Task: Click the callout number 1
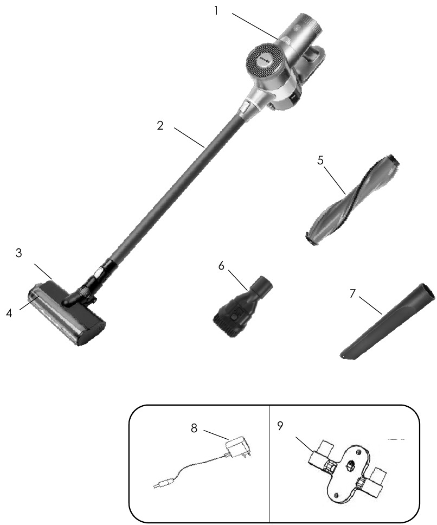[x=216, y=11]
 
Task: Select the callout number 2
[x=160, y=126]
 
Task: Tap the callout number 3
[x=19, y=253]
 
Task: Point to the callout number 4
[x=9, y=313]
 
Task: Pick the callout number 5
[x=320, y=161]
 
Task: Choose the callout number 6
[x=221, y=266]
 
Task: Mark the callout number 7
[x=352, y=293]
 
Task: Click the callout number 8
[x=194, y=428]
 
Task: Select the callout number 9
[x=280, y=426]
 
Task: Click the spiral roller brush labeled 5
[x=351, y=201]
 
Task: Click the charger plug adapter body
[x=238, y=447]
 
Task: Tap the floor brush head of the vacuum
[x=66, y=313]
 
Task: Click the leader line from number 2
[x=189, y=137]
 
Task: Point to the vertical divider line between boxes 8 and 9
[x=269, y=464]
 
